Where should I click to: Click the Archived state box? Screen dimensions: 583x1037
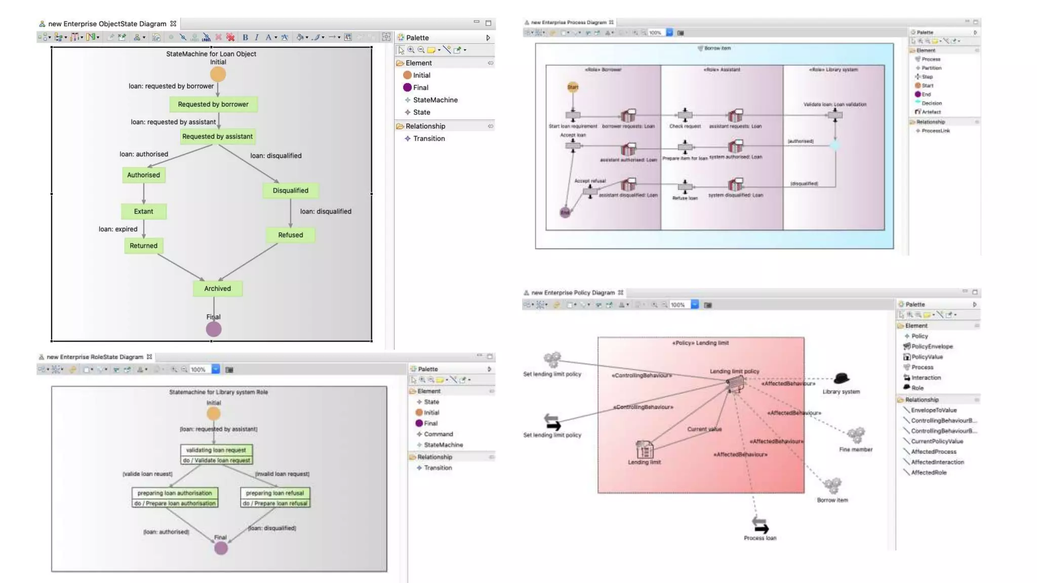pos(217,288)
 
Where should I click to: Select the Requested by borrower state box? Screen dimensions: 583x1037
pos(213,104)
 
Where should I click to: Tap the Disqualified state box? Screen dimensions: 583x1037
pos(290,190)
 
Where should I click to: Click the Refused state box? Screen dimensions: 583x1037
pos(290,235)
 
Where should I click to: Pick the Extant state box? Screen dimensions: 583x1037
pos(143,212)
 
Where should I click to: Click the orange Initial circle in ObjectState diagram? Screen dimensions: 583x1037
pos(218,74)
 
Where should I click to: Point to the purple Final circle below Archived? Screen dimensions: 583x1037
pos(214,329)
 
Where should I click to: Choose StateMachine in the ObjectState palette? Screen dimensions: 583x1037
pos(435,100)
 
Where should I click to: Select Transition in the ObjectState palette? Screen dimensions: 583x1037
pos(428,138)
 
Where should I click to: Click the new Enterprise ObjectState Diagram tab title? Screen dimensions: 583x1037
pos(107,24)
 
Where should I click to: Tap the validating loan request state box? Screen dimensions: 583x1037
pos(216,450)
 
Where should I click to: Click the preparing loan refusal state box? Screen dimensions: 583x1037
pos(275,493)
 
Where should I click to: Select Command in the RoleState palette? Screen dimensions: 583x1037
pos(438,434)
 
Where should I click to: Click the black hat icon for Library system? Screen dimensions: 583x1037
pos(841,379)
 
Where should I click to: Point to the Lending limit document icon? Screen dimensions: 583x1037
pos(644,449)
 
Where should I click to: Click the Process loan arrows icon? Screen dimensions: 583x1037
pos(760,525)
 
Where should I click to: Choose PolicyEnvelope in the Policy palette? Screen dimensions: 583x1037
pos(932,347)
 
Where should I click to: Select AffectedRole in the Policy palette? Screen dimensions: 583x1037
pos(928,473)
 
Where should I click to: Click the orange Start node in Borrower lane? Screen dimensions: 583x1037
pos(573,87)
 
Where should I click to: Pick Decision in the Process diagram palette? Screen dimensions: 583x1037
pos(931,103)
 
